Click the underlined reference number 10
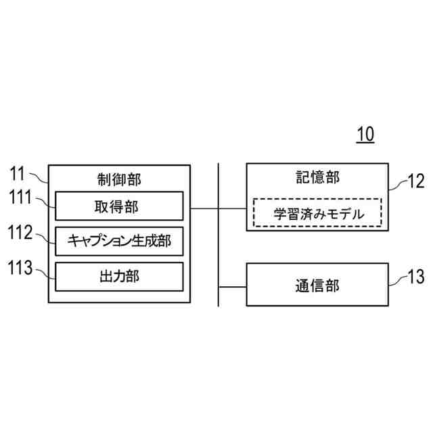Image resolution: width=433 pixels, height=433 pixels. (365, 134)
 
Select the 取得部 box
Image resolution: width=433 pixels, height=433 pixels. (119, 206)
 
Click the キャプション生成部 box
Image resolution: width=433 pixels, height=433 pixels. (119, 241)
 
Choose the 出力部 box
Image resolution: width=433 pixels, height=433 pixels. (119, 276)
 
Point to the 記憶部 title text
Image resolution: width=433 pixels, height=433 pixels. (317, 177)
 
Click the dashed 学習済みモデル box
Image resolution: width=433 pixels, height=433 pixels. (317, 212)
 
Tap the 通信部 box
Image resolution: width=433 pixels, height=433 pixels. (317, 286)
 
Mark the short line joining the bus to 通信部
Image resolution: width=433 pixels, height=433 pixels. (232, 286)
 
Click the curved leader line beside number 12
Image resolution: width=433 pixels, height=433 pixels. (398, 185)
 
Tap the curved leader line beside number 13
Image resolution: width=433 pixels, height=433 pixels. (398, 279)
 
